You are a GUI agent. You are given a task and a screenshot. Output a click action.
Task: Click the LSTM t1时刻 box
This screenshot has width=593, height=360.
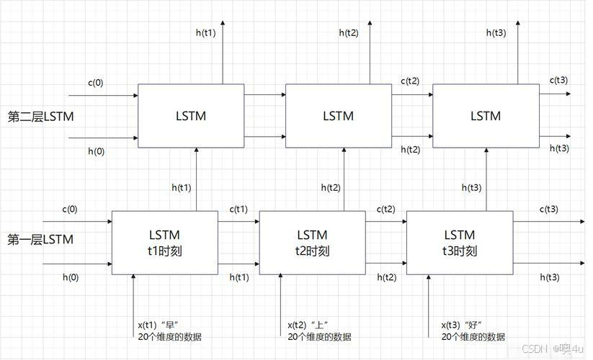click(164, 243)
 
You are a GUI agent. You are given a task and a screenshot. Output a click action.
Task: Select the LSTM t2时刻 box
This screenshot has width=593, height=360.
click(312, 243)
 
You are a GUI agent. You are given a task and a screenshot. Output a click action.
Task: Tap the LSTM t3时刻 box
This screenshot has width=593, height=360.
click(459, 243)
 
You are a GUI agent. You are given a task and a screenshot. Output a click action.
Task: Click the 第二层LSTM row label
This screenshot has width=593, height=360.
click(40, 117)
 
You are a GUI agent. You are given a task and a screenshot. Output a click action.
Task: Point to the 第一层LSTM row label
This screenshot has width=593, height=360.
click(40, 239)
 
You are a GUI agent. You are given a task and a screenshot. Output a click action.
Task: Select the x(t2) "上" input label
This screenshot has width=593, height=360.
click(313, 324)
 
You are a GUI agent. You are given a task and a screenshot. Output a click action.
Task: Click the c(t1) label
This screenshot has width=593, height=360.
click(238, 210)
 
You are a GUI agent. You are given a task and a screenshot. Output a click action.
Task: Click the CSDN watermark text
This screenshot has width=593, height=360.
click(534, 348)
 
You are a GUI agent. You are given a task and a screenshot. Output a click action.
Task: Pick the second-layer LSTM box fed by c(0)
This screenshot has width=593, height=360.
click(191, 115)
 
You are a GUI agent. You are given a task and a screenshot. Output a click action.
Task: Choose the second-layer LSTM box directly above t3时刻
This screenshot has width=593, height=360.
click(485, 115)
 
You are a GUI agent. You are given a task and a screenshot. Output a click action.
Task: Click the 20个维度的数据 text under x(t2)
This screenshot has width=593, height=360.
click(319, 336)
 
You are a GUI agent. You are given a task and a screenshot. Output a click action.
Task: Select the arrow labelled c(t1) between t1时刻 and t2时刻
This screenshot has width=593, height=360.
click(238, 222)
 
